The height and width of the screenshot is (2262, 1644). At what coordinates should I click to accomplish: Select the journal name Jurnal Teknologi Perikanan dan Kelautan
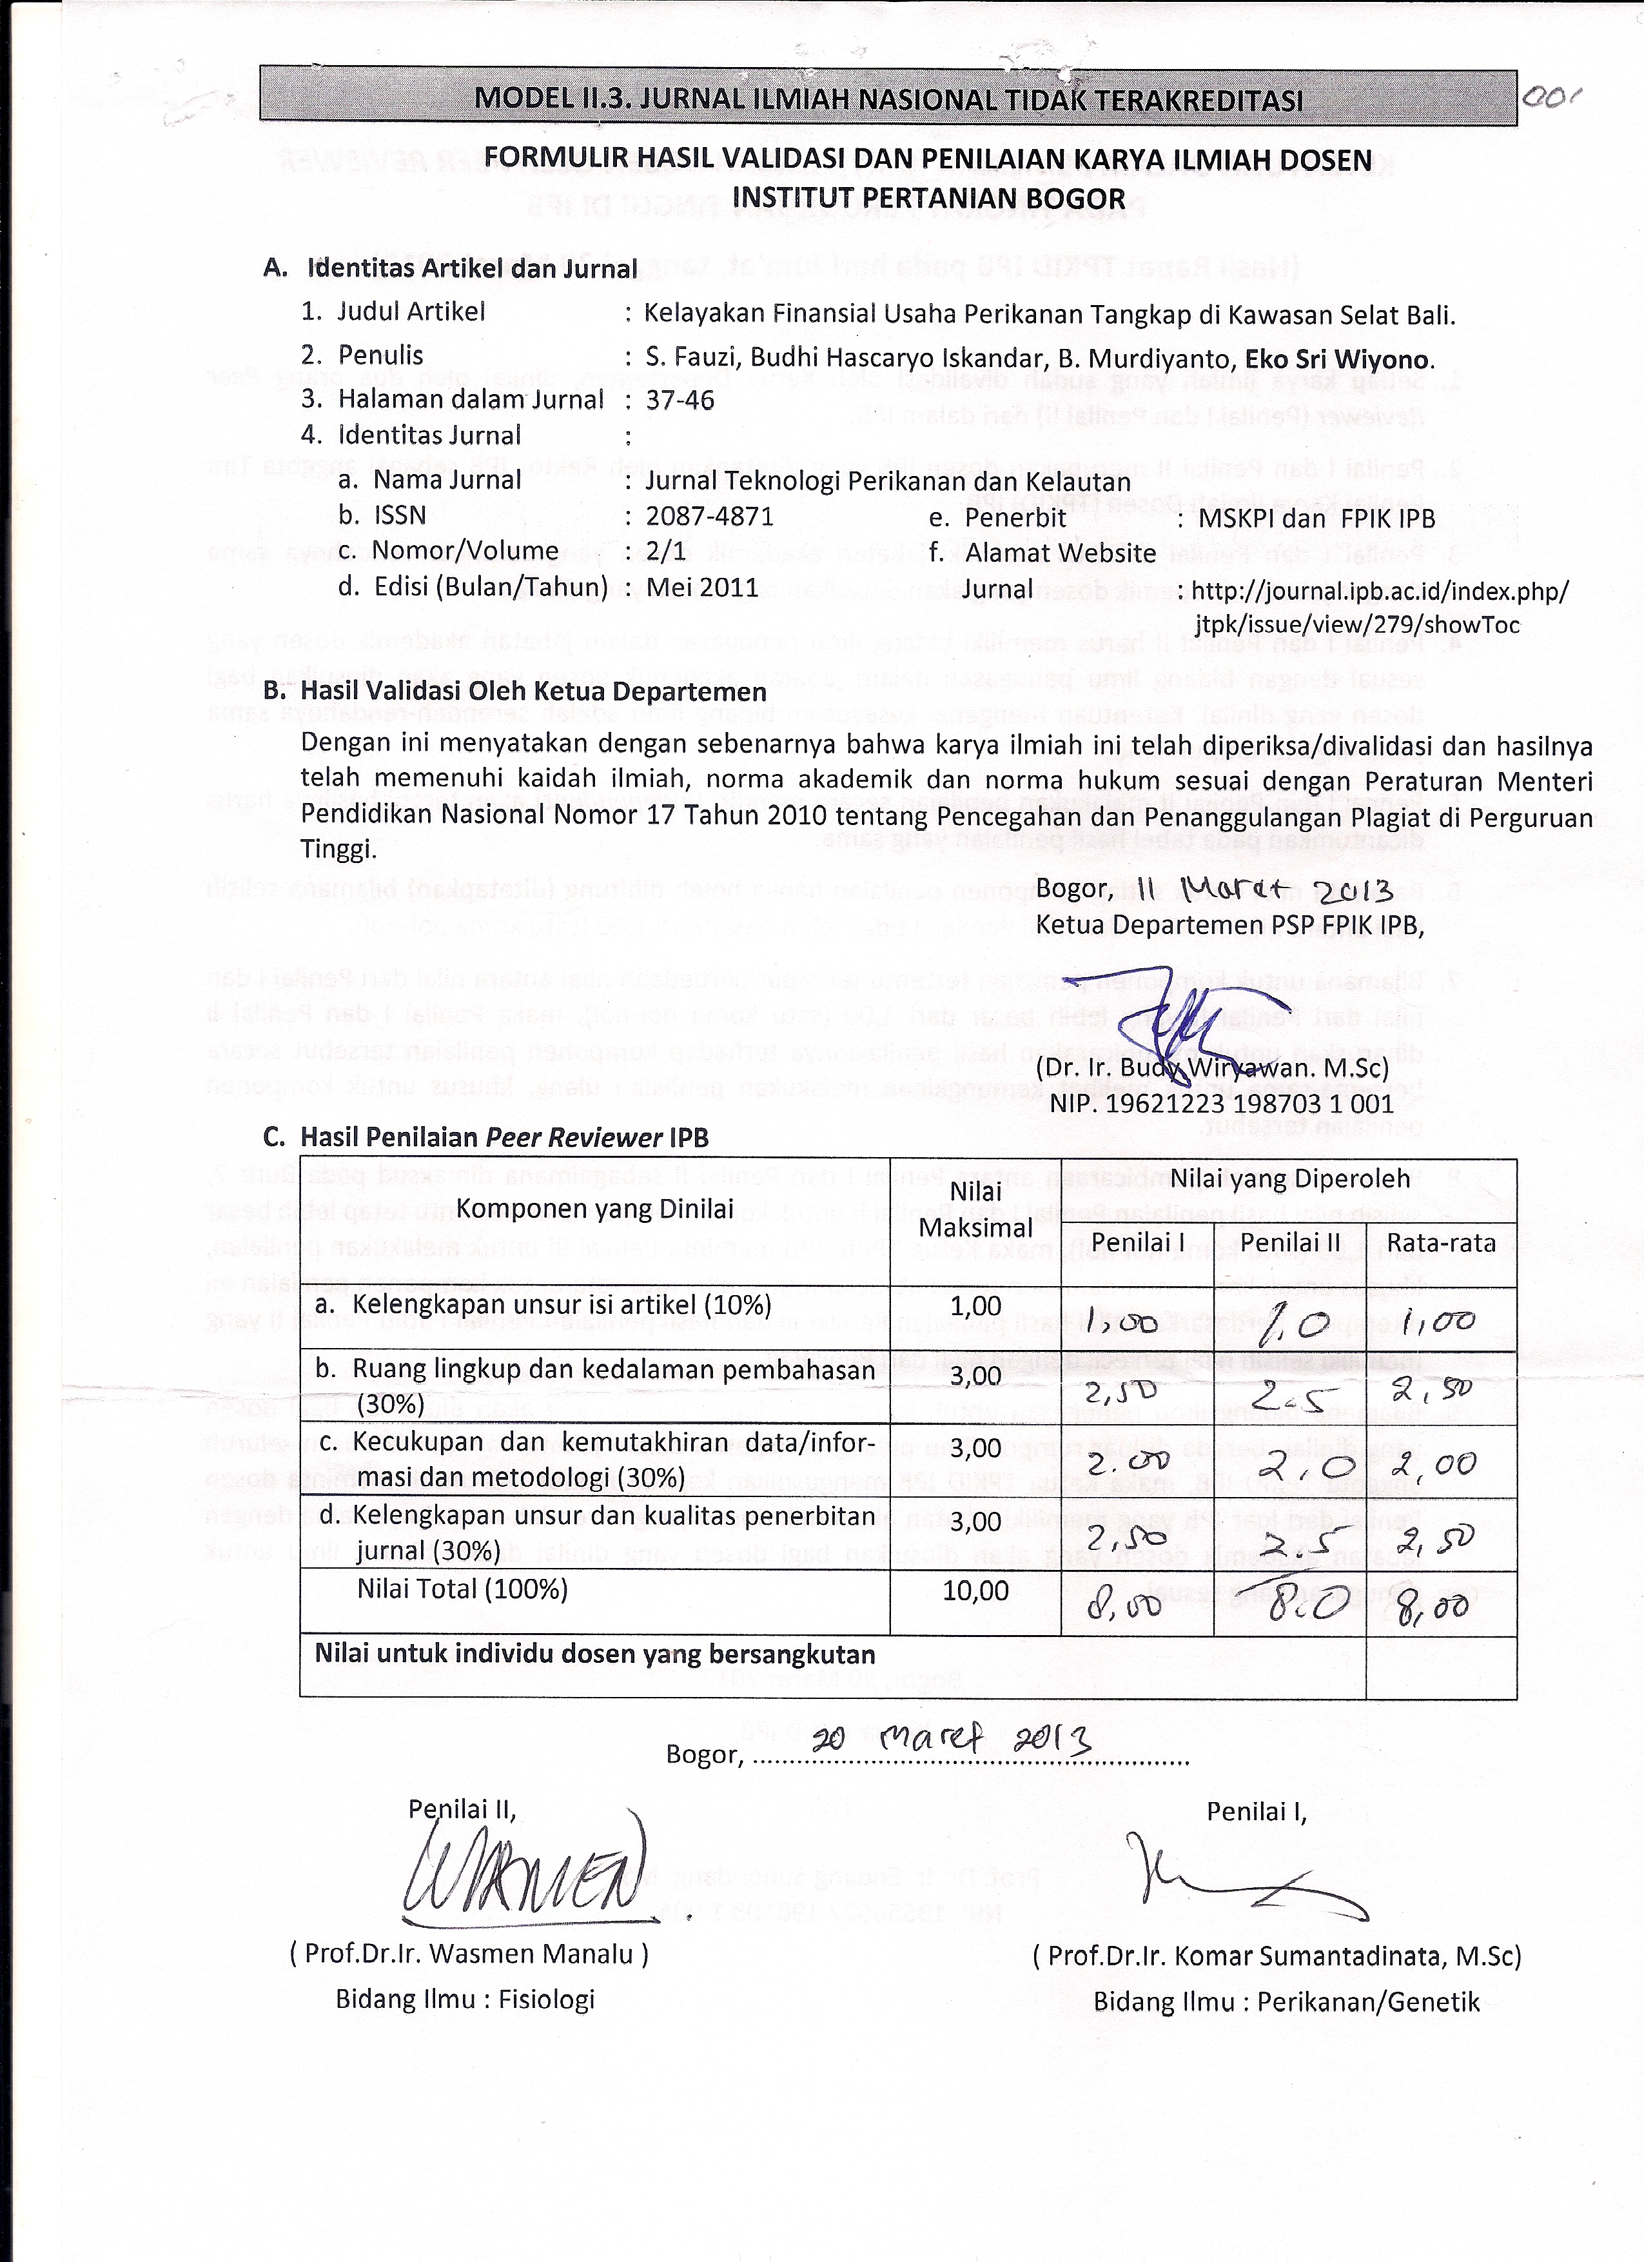click(x=887, y=481)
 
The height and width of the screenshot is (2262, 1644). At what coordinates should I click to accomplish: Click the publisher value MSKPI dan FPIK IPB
click(x=1316, y=518)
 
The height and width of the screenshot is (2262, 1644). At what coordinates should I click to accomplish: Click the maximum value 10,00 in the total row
click(x=976, y=1590)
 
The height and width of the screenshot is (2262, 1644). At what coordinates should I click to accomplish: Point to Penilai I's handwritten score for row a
click(x=1122, y=1324)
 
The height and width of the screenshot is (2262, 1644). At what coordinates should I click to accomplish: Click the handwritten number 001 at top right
click(x=1553, y=98)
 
